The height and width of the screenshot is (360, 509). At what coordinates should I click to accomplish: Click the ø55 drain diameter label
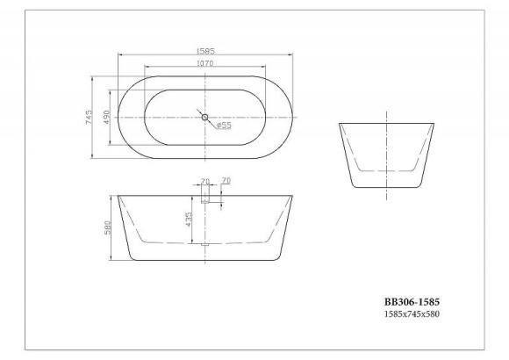coord(224,126)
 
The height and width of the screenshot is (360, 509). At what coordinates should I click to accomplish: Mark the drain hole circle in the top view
coord(205,117)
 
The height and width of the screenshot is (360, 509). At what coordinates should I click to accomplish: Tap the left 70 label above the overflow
coord(205,183)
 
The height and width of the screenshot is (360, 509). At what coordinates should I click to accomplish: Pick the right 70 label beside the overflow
coord(226,181)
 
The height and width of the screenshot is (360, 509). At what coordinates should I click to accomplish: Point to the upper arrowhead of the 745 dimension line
coord(95,76)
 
